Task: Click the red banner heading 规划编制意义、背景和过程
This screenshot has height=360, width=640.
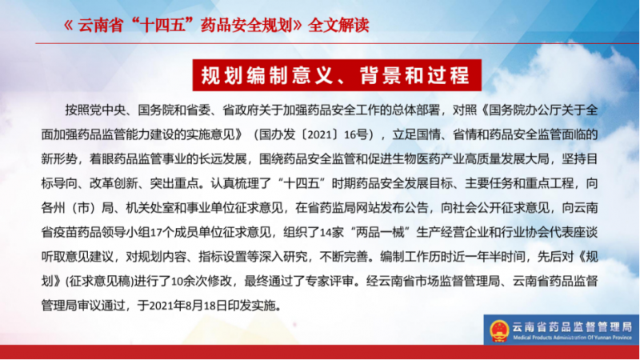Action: click(337, 75)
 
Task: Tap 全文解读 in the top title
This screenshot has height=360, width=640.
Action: click(338, 26)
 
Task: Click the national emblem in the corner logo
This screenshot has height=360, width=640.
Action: click(499, 330)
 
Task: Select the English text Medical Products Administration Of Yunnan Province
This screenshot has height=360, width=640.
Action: click(572, 338)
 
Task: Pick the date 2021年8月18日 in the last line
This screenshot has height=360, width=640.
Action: click(188, 306)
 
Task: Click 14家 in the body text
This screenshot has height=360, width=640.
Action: click(332, 232)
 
